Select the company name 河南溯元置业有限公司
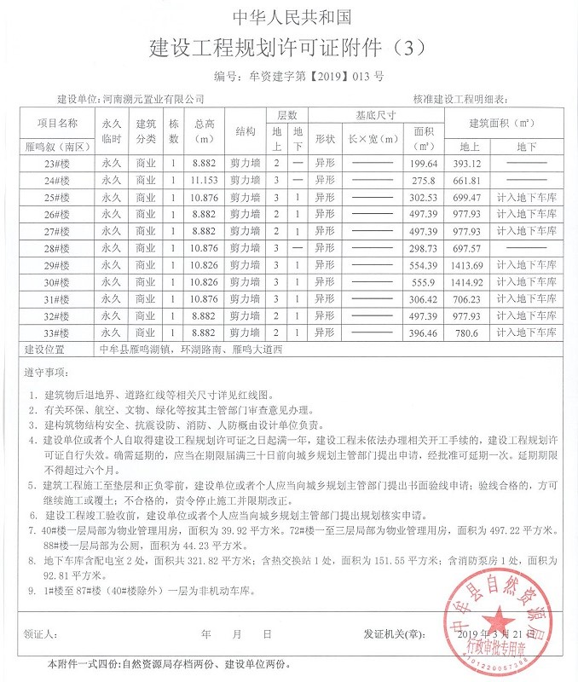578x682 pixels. pyautogui.click(x=153, y=100)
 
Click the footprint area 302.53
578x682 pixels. pyautogui.click(x=424, y=197)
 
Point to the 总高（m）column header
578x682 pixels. pyautogui.click(x=205, y=131)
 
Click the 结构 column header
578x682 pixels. pyautogui.click(x=246, y=131)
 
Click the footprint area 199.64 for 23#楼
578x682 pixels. pyautogui.click(x=424, y=163)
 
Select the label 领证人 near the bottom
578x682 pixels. pyautogui.click(x=41, y=634)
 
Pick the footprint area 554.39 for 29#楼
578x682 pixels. pyautogui.click(x=424, y=265)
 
